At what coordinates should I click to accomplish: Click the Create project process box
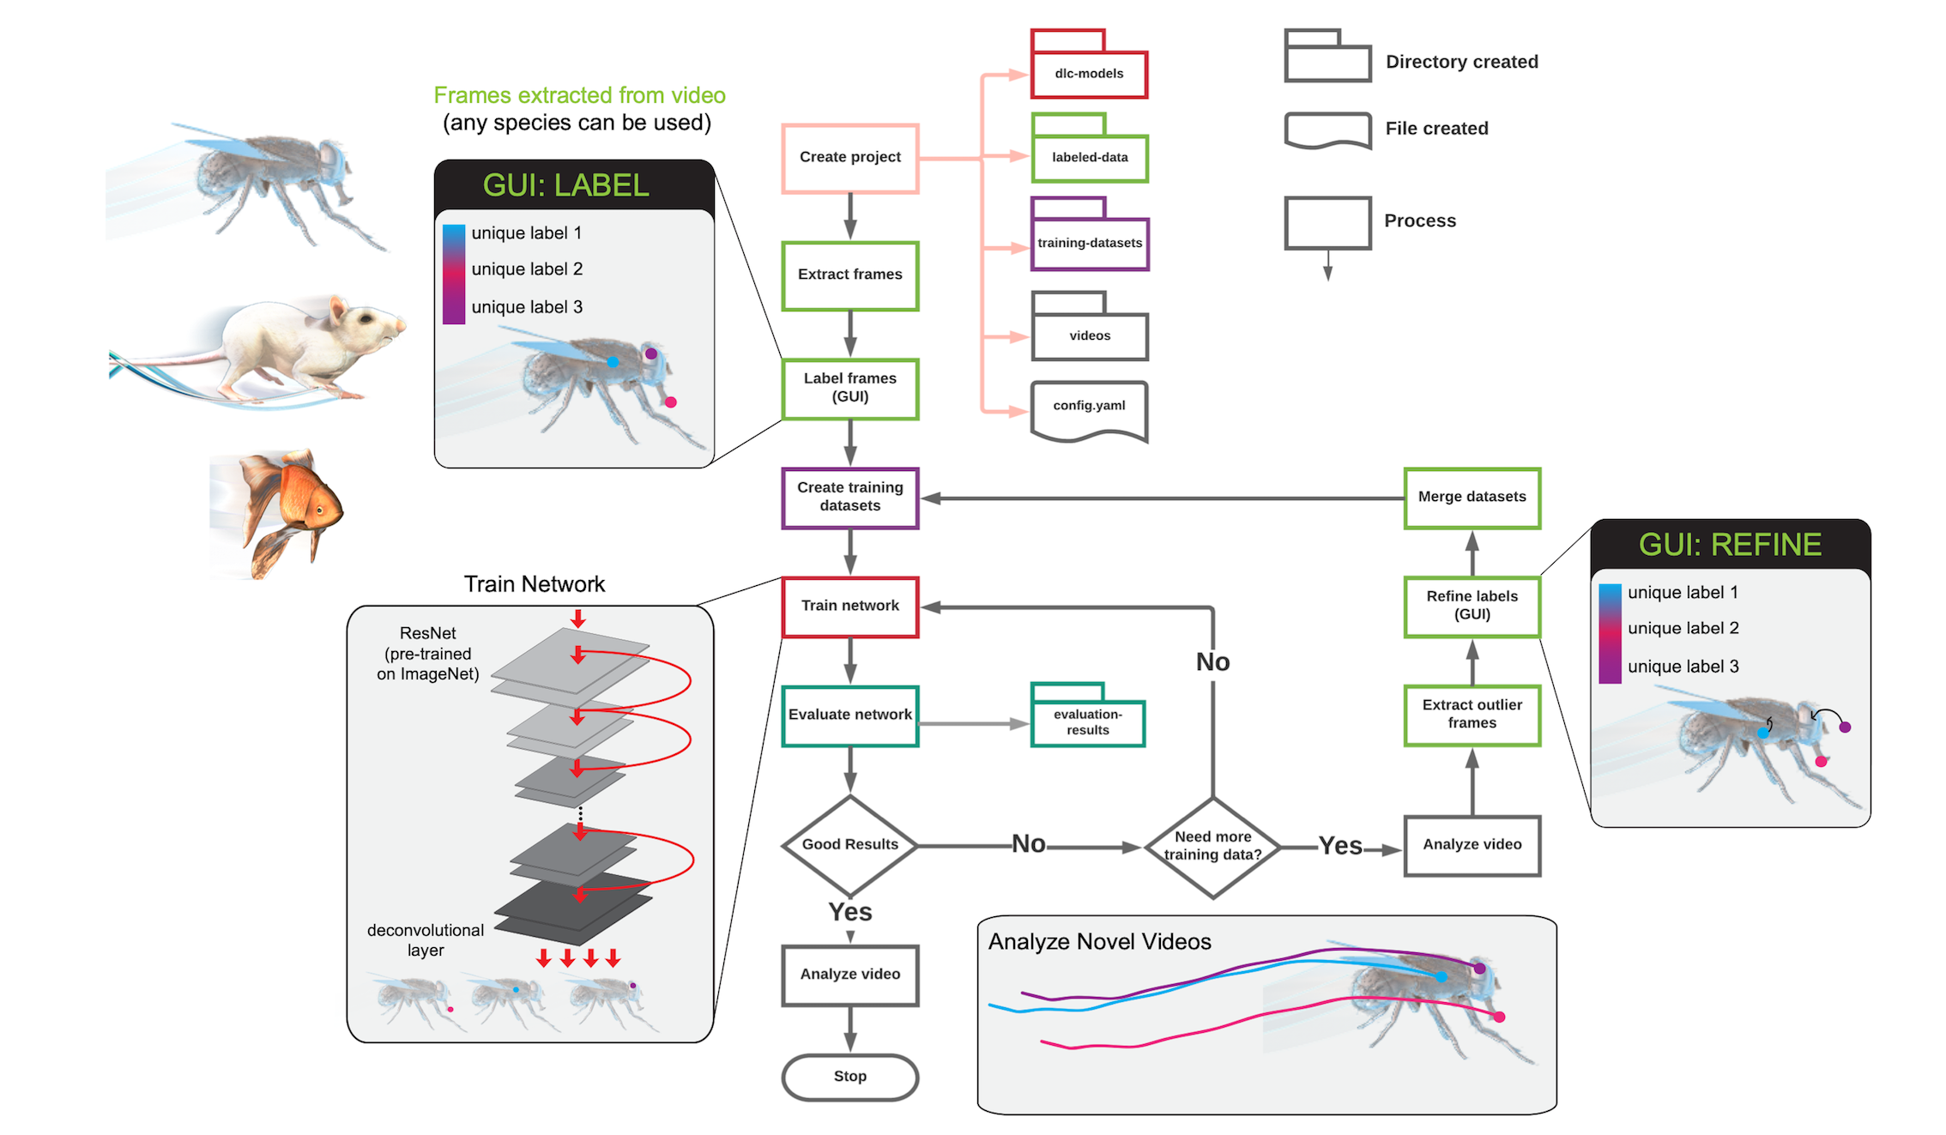(849, 158)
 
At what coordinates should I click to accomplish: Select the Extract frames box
(849, 275)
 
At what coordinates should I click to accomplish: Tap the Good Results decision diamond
(849, 845)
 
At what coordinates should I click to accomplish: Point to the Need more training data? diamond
(1212, 847)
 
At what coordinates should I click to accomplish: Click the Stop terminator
(849, 1077)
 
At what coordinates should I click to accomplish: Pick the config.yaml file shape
(1089, 410)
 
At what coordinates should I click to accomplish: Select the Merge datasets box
(1472, 498)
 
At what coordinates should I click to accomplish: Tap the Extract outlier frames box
(1472, 715)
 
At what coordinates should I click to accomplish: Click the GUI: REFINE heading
(1730, 546)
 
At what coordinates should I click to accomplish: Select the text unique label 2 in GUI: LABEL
(527, 269)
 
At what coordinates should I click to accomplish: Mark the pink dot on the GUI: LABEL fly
(671, 402)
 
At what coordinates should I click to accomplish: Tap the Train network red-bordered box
(849, 607)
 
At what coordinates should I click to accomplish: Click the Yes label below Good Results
(849, 912)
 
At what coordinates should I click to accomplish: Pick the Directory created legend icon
(1327, 57)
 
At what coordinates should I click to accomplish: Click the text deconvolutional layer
(426, 940)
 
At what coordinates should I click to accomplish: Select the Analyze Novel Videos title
(1099, 942)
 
